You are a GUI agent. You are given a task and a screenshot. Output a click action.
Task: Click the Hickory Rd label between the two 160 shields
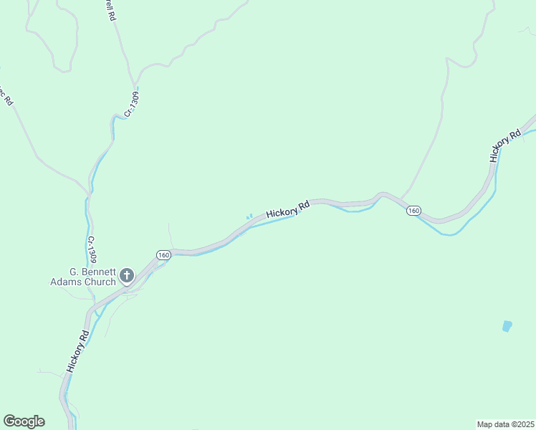click(x=287, y=209)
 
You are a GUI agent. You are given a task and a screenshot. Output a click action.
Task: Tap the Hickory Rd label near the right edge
click(x=505, y=145)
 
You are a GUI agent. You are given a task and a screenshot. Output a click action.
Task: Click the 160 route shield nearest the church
click(x=163, y=255)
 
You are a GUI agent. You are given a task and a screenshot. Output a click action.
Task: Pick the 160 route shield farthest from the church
click(x=413, y=211)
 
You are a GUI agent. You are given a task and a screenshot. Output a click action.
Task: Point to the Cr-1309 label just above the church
click(x=92, y=249)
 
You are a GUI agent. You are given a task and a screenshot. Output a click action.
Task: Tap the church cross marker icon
click(x=127, y=275)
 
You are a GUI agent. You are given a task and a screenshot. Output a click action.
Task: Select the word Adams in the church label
click(x=66, y=282)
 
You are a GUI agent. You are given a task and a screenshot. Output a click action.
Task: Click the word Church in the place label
click(x=100, y=282)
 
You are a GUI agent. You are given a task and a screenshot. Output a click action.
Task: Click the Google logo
click(x=24, y=421)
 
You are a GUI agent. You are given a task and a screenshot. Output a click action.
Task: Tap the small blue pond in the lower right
click(x=507, y=326)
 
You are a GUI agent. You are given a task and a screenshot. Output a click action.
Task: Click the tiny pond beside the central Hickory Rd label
click(x=249, y=216)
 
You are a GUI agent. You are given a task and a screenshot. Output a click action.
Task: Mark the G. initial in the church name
click(x=73, y=272)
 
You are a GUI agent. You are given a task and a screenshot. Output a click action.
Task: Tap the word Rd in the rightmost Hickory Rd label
click(x=514, y=135)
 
